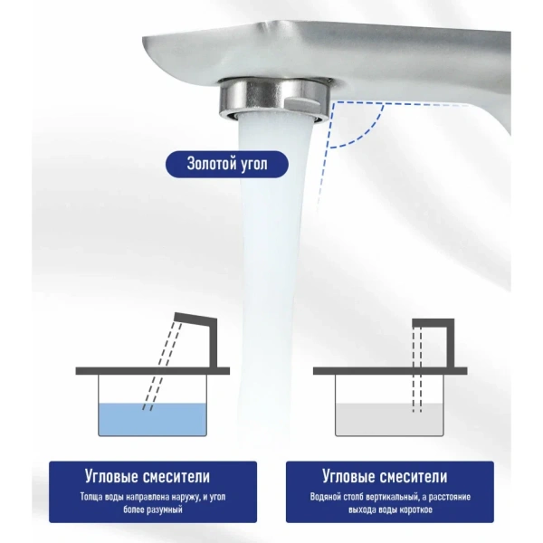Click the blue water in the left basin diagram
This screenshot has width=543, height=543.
pyautogui.click(x=152, y=420)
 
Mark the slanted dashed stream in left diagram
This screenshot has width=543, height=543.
pyautogui.click(x=162, y=367)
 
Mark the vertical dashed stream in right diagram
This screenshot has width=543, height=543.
pyautogui.click(x=417, y=369)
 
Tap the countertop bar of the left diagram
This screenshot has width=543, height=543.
pyautogui.click(x=152, y=371)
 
